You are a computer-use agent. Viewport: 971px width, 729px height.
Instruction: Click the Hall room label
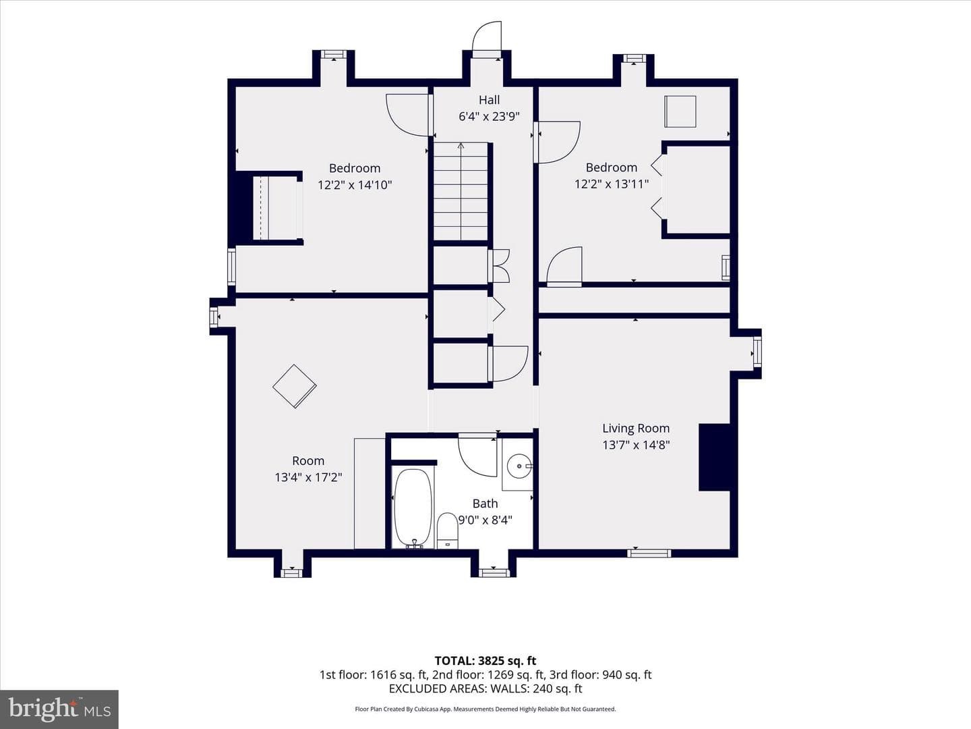490,100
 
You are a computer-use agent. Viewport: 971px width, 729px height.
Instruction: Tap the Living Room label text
636,429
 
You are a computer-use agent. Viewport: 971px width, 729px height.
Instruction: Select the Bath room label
486,504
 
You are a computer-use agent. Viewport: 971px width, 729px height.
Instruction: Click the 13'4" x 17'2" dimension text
308,477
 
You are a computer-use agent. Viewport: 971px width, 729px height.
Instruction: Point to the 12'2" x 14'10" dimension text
355,184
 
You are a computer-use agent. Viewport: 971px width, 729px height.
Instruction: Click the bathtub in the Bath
413,508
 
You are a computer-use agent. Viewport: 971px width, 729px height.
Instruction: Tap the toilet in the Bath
447,531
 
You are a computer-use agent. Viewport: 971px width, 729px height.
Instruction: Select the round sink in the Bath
519,466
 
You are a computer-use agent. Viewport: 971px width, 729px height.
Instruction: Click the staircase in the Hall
461,192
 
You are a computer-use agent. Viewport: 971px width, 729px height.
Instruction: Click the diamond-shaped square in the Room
295,386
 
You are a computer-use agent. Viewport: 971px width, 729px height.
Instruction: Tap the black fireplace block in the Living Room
714,457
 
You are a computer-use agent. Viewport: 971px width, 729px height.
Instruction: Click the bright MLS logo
59,709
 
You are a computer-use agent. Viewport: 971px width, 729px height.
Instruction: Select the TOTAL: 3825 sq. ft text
486,661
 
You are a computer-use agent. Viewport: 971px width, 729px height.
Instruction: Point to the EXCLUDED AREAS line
486,688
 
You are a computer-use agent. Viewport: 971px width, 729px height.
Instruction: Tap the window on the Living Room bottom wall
649,553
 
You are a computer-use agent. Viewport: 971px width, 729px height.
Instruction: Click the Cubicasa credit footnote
486,709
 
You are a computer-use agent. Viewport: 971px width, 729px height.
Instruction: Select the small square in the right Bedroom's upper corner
680,111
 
